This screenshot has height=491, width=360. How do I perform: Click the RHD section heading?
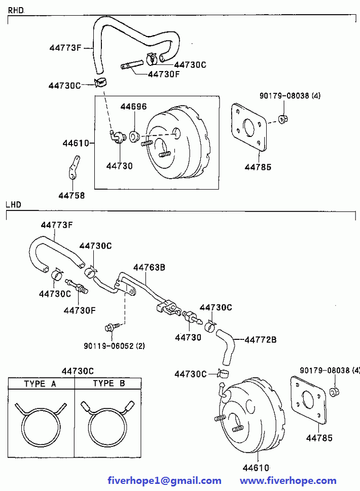(x=16, y=10)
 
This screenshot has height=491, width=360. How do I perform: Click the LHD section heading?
(x=14, y=205)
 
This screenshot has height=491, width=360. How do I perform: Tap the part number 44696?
(x=133, y=107)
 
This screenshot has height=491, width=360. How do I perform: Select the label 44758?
(x=71, y=195)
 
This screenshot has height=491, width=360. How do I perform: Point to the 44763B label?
(x=149, y=267)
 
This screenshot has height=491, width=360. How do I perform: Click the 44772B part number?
(x=261, y=340)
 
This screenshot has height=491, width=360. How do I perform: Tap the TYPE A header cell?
(x=41, y=383)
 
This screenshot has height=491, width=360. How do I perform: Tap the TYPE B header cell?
(x=108, y=383)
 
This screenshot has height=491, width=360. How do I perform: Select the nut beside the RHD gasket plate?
(x=283, y=119)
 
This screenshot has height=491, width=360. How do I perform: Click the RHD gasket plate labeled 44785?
(x=249, y=127)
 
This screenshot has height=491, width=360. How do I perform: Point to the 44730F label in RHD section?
(x=164, y=74)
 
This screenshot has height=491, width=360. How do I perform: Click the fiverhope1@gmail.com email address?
(x=164, y=481)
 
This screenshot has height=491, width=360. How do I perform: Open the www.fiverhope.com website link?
(x=288, y=481)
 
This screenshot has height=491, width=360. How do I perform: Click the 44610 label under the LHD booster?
(x=256, y=468)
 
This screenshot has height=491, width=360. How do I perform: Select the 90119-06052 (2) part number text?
(x=114, y=346)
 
